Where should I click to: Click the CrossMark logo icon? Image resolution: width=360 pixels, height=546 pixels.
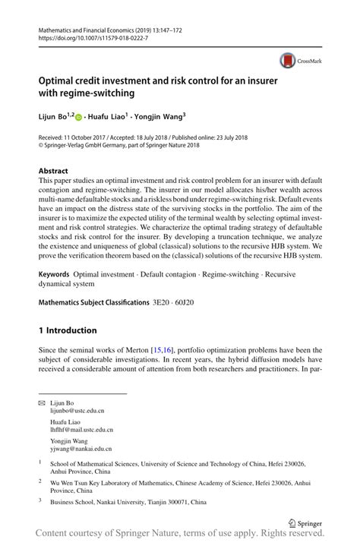[287, 61]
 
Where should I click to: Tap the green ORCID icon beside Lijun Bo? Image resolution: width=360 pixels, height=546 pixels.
[77, 117]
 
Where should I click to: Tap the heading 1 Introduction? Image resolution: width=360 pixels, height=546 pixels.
[68, 330]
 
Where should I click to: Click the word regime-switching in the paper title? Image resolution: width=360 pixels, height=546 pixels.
[97, 93]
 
